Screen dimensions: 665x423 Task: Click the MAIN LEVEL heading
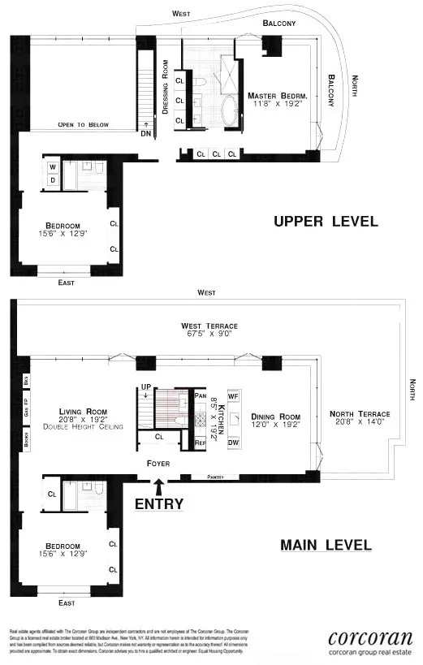pyautogui.click(x=326, y=545)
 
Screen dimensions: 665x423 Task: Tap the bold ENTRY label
pyautogui.click(x=159, y=503)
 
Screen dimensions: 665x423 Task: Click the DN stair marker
pyautogui.click(x=145, y=133)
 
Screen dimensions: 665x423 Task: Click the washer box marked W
pyautogui.click(x=53, y=168)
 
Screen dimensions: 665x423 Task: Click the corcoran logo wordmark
pyautogui.click(x=370, y=637)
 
